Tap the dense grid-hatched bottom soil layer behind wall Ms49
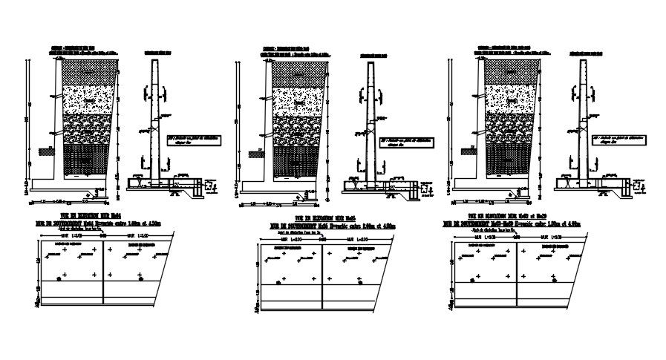(x=509, y=159)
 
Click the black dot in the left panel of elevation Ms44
(x=59, y=278)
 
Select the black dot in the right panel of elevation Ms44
(x=140, y=278)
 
